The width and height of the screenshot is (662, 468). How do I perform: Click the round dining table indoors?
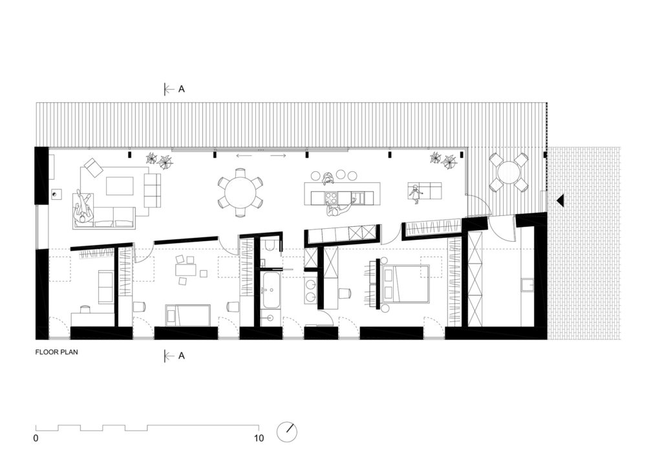click(240, 192)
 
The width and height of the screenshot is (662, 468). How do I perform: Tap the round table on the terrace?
click(509, 172)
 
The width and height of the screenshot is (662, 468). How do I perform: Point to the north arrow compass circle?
click(286, 432)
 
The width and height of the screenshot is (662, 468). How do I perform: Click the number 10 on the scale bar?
click(259, 438)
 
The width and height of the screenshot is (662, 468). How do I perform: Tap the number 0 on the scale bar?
click(36, 438)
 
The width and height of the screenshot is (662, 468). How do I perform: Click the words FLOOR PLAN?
click(57, 354)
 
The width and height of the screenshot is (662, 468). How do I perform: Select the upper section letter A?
click(182, 89)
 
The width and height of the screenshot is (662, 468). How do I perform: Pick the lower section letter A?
click(182, 356)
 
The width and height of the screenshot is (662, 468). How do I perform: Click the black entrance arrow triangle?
click(560, 201)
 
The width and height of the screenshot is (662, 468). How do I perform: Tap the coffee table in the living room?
click(120, 186)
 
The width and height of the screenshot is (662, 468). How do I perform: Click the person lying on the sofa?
click(82, 208)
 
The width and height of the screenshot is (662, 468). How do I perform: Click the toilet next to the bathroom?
click(270, 244)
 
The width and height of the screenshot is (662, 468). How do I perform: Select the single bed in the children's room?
click(188, 315)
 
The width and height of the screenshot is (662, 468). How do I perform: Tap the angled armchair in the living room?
click(93, 168)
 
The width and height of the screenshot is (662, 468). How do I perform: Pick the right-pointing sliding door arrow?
click(279, 156)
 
